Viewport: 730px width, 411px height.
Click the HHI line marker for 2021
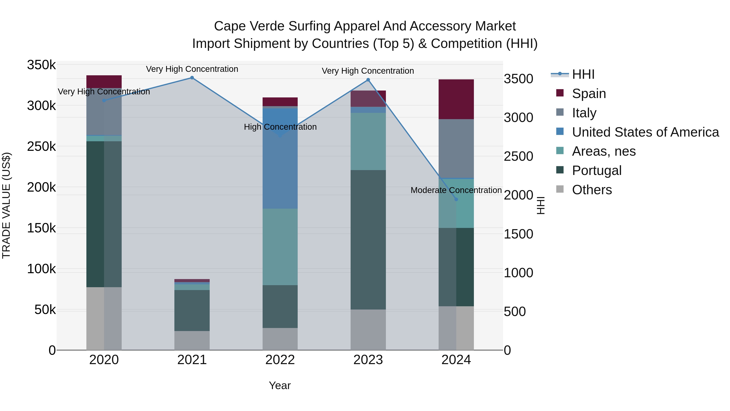192,78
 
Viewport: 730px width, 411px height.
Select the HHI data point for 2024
456,199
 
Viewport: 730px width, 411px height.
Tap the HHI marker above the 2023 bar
368,80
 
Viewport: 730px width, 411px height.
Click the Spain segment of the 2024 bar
456,99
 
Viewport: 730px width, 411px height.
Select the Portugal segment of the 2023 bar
368,240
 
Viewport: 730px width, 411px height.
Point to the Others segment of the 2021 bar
192,340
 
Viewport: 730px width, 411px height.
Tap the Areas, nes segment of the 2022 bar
280,247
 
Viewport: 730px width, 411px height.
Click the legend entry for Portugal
597,170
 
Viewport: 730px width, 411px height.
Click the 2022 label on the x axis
280,360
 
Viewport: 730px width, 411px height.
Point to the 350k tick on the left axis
41,65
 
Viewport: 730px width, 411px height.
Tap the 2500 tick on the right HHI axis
518,156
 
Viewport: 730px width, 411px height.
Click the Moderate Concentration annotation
456,190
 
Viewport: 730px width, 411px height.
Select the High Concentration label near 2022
280,127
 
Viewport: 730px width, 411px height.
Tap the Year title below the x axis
280,385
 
